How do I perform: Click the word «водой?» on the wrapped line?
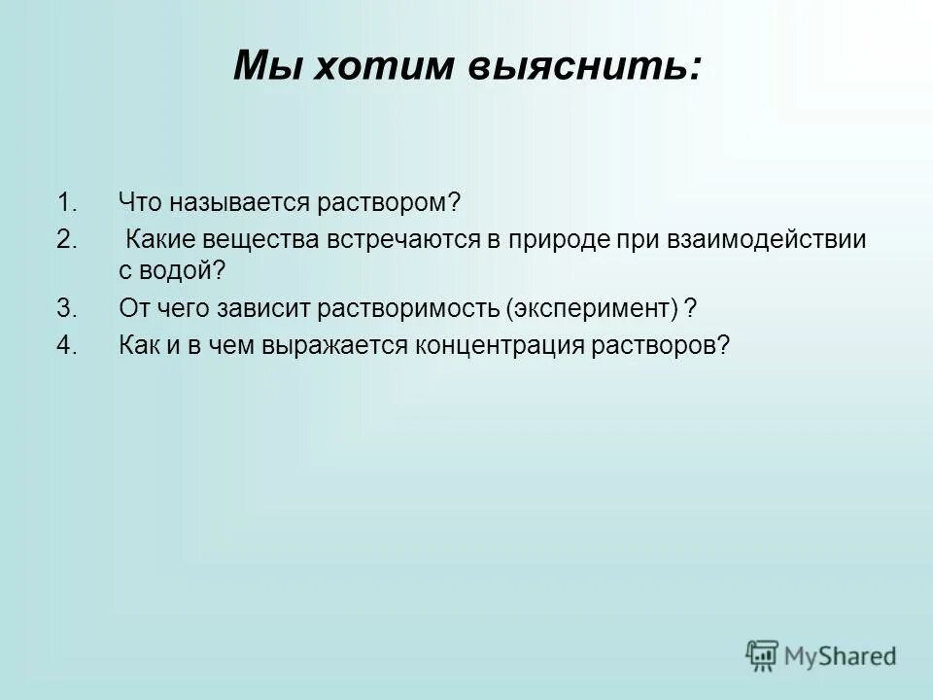pyautogui.click(x=176, y=271)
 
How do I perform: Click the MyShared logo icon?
pyautogui.click(x=762, y=655)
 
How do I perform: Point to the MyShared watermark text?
pyautogui.click(x=842, y=656)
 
